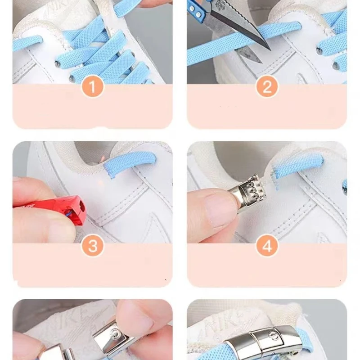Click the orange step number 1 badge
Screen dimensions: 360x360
pyautogui.click(x=93, y=87)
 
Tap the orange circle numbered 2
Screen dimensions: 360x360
pyautogui.click(x=267, y=87)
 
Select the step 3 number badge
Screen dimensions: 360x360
pyautogui.click(x=93, y=246)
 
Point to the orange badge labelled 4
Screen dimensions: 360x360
pyautogui.click(x=267, y=246)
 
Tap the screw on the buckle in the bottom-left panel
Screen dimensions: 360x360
pyautogui.click(x=116, y=334)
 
